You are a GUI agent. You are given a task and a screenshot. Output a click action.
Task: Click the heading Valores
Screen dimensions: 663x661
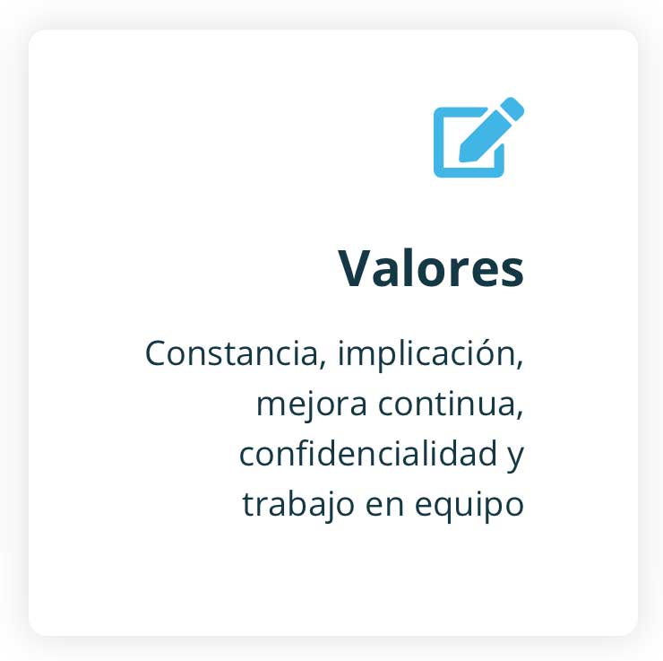pos(431,268)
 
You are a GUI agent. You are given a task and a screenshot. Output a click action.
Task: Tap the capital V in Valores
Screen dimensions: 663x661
pos(356,268)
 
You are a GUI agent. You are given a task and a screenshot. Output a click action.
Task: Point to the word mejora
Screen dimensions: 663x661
pos(312,404)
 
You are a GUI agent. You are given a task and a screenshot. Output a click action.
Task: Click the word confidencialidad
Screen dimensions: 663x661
pos(368,453)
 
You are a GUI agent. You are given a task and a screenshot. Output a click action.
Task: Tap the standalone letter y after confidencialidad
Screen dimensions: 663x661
pos(516,458)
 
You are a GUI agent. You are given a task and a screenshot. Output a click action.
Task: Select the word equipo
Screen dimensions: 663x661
pos(469,506)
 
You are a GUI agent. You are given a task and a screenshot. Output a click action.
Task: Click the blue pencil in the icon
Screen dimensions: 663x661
pos(492,130)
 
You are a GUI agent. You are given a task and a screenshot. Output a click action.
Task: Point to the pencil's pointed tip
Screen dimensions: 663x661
pos(461,160)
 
